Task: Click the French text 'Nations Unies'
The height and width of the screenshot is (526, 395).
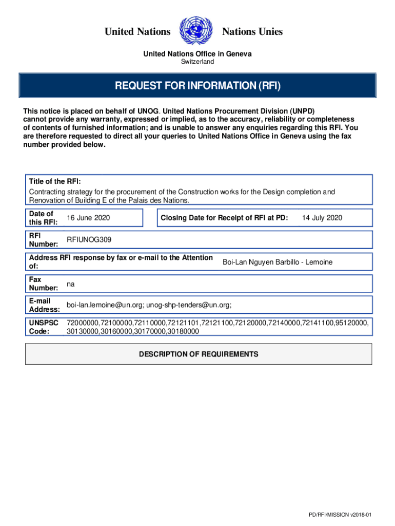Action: (x=252, y=32)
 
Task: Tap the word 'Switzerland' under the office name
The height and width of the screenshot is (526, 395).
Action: (x=197, y=62)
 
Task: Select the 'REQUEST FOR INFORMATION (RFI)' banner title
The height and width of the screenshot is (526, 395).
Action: (x=197, y=85)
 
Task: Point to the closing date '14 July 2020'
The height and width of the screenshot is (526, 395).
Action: (x=322, y=218)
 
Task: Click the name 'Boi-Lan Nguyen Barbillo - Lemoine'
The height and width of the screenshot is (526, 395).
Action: (x=277, y=262)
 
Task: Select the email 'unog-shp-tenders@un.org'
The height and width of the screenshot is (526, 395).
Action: (x=189, y=305)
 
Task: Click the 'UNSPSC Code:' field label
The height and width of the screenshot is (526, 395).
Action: (x=44, y=327)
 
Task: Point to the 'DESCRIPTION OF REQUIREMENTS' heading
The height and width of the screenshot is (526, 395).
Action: (x=199, y=354)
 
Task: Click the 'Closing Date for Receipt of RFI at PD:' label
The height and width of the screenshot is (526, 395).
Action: (x=224, y=218)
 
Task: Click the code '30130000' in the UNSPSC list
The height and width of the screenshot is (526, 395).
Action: (x=84, y=331)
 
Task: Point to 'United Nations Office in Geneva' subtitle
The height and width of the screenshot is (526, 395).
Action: (x=197, y=54)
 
